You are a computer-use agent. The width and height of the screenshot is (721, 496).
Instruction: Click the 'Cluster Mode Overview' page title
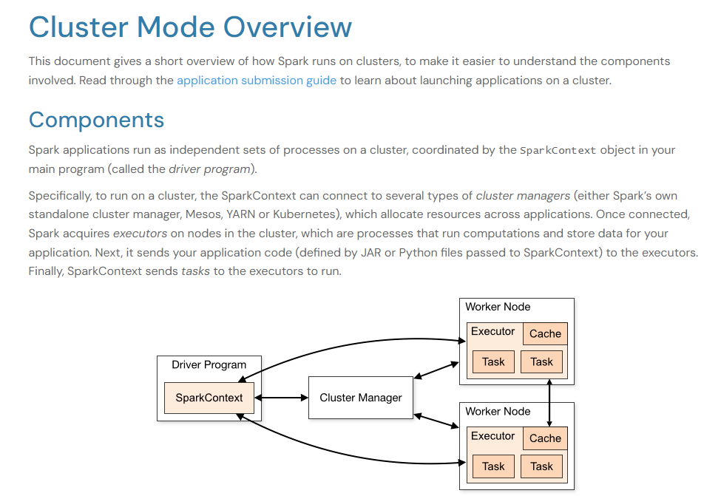click(x=190, y=27)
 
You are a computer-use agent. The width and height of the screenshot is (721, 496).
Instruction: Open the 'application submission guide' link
click(x=257, y=81)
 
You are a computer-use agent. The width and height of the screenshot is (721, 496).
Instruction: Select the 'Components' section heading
click(x=96, y=120)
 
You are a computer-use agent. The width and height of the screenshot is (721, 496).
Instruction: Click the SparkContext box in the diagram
click(x=209, y=398)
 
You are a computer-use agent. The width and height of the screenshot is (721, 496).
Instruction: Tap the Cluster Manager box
click(x=361, y=398)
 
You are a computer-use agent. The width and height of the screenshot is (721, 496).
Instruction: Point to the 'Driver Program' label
click(x=209, y=364)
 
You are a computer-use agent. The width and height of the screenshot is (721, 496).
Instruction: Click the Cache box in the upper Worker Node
click(x=545, y=333)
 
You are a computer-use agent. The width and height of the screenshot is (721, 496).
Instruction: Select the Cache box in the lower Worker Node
click(x=545, y=438)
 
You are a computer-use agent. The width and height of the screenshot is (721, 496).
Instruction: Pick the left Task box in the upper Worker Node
click(x=493, y=361)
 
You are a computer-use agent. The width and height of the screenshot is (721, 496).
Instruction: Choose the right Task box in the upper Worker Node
click(x=541, y=361)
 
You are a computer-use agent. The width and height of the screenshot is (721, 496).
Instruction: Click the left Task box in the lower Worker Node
click(x=493, y=466)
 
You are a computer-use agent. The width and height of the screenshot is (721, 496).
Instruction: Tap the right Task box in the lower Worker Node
click(x=541, y=466)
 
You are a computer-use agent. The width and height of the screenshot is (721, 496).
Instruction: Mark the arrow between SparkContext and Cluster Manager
click(x=282, y=398)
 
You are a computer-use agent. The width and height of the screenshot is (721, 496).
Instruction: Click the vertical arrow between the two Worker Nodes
click(x=549, y=403)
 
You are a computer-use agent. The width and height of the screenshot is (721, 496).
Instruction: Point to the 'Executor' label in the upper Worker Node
click(x=493, y=331)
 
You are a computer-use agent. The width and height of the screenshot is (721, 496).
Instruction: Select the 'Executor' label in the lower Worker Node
click(x=493, y=436)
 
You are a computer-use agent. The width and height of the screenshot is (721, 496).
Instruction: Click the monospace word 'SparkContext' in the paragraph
click(x=558, y=150)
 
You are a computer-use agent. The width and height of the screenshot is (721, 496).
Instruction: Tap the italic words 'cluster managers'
click(x=523, y=196)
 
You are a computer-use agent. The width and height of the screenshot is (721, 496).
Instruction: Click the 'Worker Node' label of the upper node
click(x=498, y=307)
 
